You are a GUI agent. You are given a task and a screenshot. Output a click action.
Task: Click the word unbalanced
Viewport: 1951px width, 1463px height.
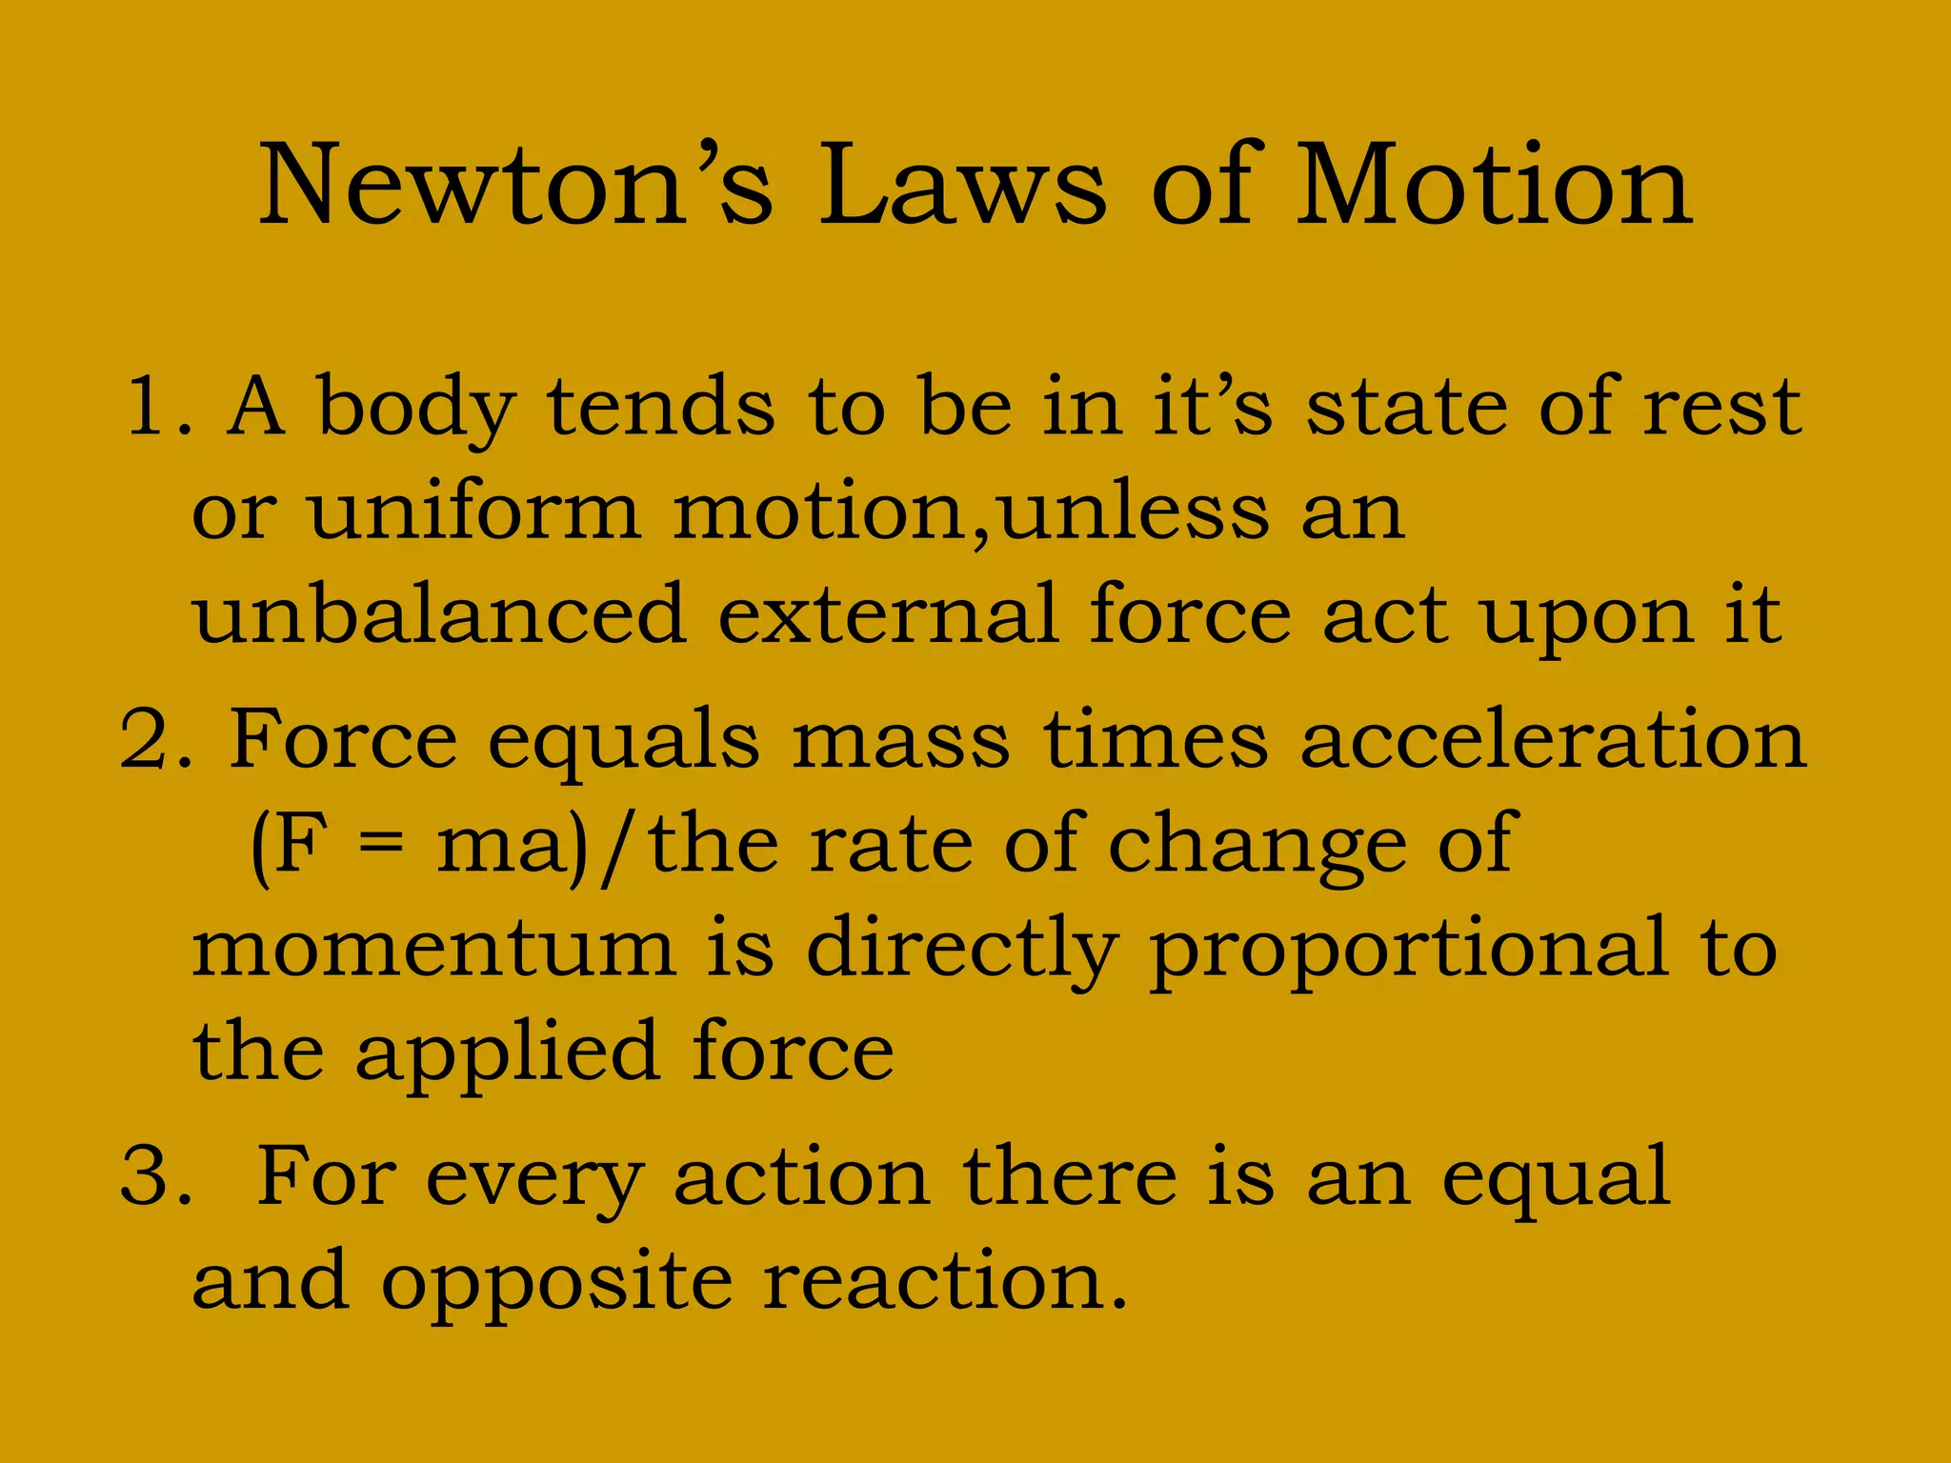[x=439, y=614]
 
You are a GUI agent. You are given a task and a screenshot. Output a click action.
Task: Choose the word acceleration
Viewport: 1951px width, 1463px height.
[x=1553, y=739]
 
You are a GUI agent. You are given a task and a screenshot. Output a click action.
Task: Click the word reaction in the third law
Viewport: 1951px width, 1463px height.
[x=944, y=1281]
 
